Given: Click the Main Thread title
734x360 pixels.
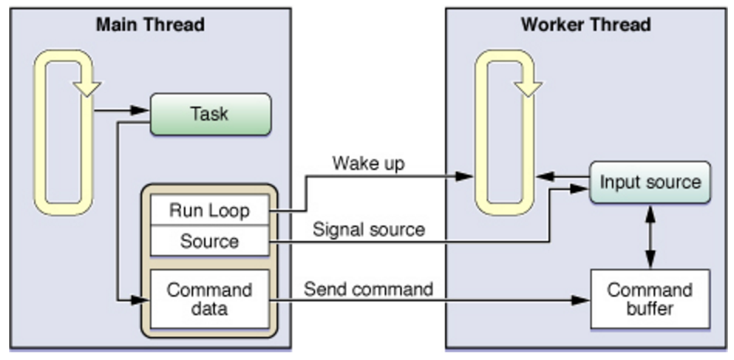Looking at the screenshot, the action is [150, 25].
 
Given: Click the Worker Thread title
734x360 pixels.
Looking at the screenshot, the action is [586, 25].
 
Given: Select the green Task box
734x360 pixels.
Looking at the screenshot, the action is [210, 114].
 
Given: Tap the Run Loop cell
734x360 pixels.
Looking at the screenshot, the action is [209, 211].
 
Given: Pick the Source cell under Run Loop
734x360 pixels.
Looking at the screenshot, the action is [209, 241].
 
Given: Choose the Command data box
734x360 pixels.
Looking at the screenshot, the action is [209, 299].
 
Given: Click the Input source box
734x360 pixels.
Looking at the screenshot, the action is [650, 182].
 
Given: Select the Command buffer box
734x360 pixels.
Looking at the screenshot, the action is [650, 299].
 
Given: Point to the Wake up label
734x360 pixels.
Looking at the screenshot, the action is [369, 164].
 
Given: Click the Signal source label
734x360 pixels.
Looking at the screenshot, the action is [369, 230].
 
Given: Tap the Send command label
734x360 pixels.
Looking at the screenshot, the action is [369, 289].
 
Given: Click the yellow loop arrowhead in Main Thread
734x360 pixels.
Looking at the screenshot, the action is [87, 88].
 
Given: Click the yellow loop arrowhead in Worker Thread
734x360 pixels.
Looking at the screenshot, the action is [528, 88].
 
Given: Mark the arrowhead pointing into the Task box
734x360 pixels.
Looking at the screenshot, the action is [140, 110].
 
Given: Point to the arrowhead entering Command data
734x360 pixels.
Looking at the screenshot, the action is [141, 300].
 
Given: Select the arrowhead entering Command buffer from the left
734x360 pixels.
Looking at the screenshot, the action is [580, 300].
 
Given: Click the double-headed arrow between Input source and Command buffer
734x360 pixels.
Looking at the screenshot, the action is [651, 236].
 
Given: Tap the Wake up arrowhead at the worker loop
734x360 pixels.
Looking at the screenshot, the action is [465, 176].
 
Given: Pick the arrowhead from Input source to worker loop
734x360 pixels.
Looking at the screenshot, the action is [545, 177].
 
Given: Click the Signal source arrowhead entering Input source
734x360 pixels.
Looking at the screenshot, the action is [579, 188].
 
